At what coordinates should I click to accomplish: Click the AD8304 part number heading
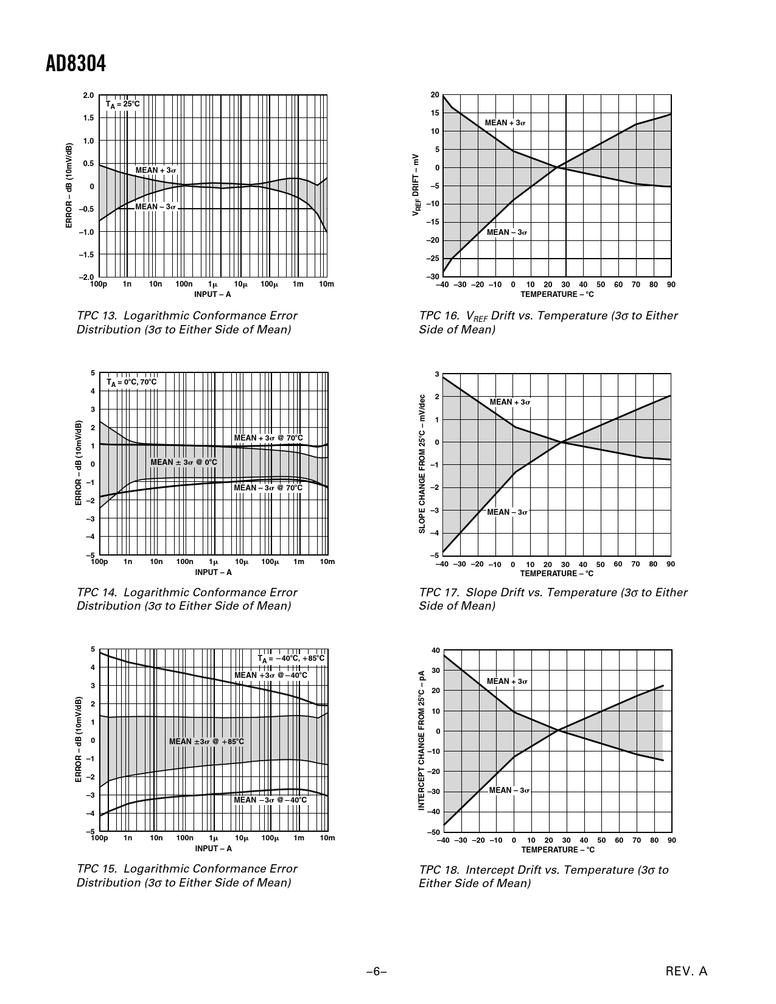[75, 63]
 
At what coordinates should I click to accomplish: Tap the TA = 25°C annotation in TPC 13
[122, 104]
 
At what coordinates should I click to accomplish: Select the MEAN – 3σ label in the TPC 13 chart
[155, 207]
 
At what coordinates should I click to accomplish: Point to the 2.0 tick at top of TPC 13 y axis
[88, 95]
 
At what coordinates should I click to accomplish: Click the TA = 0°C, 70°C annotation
[131, 382]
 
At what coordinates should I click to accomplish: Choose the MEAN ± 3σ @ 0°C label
[184, 462]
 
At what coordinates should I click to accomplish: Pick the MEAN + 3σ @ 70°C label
[268, 438]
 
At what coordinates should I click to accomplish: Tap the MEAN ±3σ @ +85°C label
[206, 741]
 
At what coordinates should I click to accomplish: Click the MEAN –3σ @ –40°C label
[271, 800]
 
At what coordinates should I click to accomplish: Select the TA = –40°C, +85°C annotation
[291, 658]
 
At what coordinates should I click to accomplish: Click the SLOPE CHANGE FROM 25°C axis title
[422, 464]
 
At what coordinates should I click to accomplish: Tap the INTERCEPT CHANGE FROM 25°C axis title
[421, 741]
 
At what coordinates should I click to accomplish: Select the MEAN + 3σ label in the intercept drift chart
[507, 682]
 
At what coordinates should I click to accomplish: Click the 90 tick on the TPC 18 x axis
[671, 840]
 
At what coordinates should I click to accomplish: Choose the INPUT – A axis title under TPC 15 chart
[213, 848]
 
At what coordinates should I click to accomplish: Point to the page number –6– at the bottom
[377, 972]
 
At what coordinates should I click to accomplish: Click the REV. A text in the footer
[687, 972]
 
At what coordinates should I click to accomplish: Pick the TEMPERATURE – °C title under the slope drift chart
[556, 573]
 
